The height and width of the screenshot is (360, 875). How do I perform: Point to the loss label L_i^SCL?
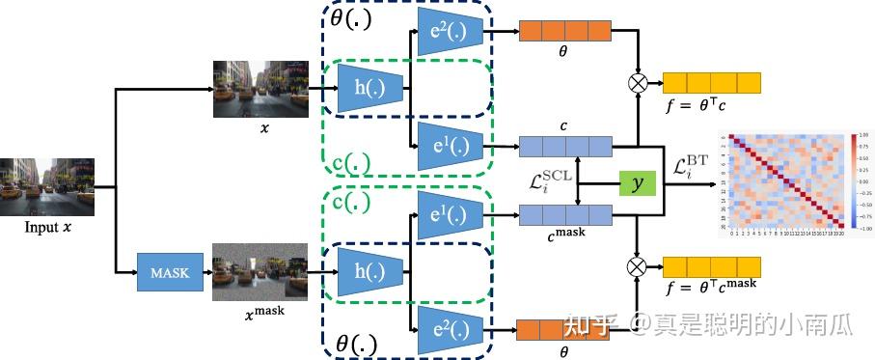coord(547,181)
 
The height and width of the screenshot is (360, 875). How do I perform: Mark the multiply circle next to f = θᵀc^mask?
coord(638,263)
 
